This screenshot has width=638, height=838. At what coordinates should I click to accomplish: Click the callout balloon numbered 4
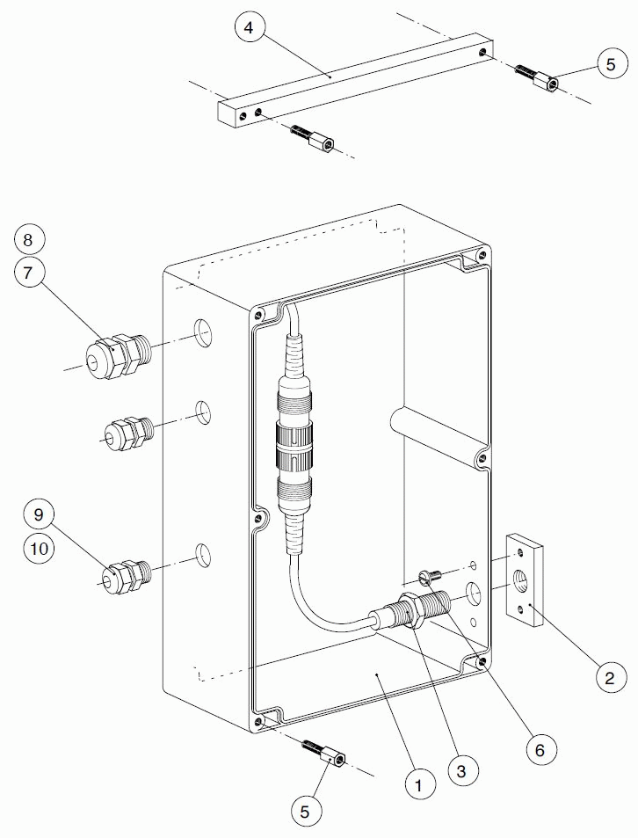(249, 28)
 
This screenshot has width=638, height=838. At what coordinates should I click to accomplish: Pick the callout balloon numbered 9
(38, 513)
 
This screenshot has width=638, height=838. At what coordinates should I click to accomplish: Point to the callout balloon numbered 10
(38, 548)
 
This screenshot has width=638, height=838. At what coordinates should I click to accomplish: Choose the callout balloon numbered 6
(540, 749)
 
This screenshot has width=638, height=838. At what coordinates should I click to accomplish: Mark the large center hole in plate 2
(522, 583)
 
